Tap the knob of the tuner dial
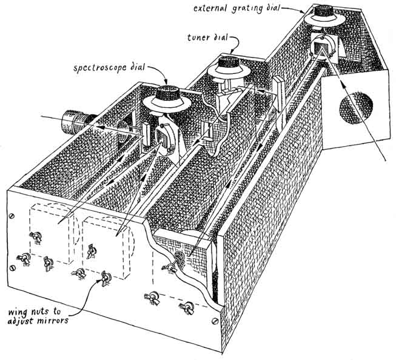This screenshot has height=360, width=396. click(x=229, y=62)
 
